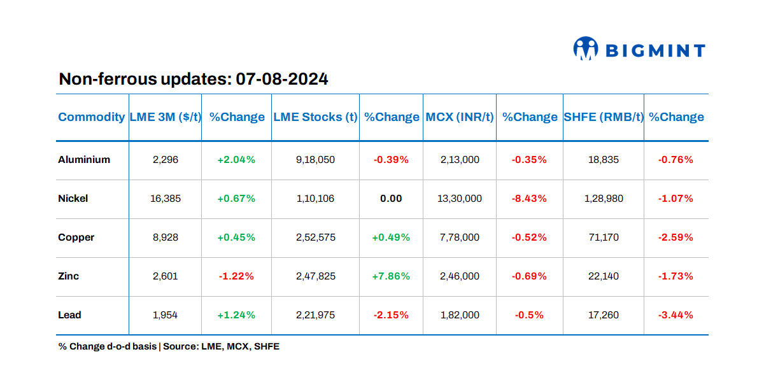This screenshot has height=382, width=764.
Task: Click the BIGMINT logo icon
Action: click(x=586, y=49)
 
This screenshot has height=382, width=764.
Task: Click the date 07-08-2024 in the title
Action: click(x=282, y=80)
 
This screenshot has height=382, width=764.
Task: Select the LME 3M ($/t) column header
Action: click(x=166, y=117)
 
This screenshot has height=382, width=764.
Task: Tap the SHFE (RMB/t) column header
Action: click(x=604, y=117)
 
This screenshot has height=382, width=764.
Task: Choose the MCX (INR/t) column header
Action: click(x=460, y=117)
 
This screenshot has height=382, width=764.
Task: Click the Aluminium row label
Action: click(x=84, y=160)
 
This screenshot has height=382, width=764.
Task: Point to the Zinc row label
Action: click(x=68, y=276)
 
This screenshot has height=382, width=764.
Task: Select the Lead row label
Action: click(x=69, y=315)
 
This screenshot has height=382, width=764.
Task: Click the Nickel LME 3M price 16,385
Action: click(x=166, y=199)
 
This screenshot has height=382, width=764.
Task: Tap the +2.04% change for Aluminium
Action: click(x=236, y=160)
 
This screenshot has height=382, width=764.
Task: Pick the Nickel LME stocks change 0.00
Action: click(x=391, y=199)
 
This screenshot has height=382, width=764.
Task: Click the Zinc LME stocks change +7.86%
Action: click(x=391, y=276)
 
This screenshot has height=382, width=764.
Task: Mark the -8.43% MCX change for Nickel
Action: click(x=529, y=199)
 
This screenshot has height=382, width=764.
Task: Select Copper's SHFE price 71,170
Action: click(x=604, y=237)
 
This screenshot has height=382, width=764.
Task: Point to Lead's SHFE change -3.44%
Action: click(x=676, y=315)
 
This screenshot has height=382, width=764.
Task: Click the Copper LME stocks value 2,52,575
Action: click(x=316, y=237)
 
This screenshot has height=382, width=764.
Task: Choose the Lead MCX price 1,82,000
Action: click(x=460, y=315)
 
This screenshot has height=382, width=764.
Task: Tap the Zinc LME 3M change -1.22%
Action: click(x=236, y=276)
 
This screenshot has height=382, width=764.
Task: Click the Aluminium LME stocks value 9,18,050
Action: click(x=316, y=160)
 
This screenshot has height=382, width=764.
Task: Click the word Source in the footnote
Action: click(x=180, y=347)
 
